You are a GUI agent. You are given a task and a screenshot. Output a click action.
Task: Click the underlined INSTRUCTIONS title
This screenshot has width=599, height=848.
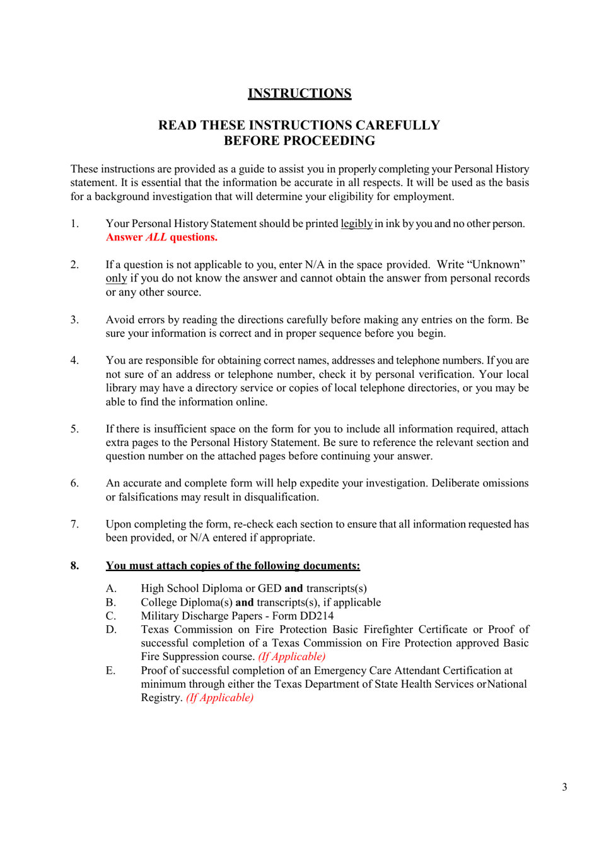(x=299, y=93)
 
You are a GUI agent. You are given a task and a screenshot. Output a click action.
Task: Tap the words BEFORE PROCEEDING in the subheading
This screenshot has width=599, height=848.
(x=299, y=141)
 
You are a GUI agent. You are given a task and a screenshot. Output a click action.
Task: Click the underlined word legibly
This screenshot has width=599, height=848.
(x=356, y=224)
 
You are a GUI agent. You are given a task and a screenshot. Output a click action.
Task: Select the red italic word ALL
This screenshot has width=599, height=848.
(x=156, y=237)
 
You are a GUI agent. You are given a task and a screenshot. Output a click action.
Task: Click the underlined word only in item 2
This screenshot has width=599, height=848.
(x=116, y=278)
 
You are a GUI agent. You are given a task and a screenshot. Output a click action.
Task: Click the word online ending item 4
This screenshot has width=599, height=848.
(x=249, y=402)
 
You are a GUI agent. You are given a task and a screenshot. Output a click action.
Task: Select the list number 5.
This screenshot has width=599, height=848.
(x=74, y=429)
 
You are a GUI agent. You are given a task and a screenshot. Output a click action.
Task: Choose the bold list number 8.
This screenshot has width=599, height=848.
(x=74, y=565)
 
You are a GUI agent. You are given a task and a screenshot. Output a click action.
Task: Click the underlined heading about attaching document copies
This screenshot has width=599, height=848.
(x=233, y=565)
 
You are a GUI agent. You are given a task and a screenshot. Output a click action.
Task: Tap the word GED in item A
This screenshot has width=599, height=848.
(x=269, y=588)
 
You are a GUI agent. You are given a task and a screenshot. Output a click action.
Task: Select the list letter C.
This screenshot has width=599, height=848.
(x=111, y=616)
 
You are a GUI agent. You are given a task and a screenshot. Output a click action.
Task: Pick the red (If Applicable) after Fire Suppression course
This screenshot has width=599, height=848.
(x=291, y=657)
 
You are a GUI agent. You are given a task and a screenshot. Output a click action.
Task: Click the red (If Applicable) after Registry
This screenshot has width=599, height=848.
(x=219, y=698)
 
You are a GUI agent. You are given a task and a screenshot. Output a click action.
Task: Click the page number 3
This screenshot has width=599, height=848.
(x=564, y=787)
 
